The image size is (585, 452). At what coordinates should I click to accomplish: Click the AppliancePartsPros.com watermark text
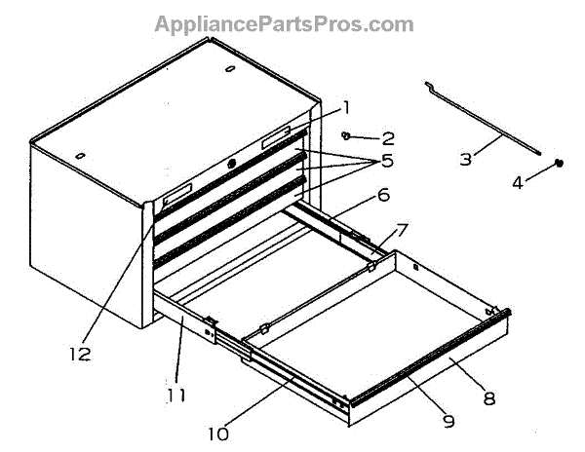tap(284, 24)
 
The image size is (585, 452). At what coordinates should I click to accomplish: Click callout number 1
tap(345, 107)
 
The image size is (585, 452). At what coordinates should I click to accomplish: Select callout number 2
tap(387, 139)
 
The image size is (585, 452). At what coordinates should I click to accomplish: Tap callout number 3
tap(466, 157)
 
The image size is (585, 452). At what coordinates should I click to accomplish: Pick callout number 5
tap(386, 160)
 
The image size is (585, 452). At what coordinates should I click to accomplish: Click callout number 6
tap(382, 196)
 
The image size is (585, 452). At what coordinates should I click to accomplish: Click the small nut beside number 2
tap(346, 135)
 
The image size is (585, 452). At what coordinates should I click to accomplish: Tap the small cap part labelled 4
tap(560, 163)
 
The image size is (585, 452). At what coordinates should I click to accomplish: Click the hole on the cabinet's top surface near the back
tap(229, 70)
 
